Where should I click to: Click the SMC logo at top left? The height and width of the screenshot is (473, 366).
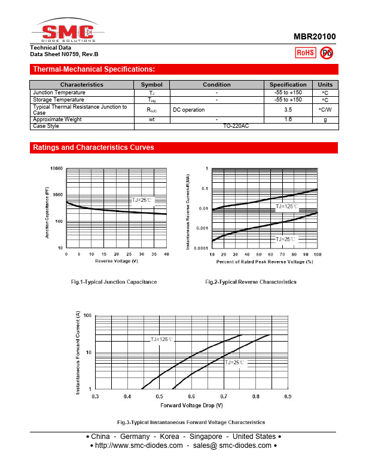click(x=65, y=31)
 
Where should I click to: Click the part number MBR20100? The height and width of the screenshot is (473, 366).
click(x=315, y=36)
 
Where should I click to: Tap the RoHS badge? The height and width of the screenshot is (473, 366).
click(x=306, y=53)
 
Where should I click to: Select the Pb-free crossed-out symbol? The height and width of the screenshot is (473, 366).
click(x=327, y=53)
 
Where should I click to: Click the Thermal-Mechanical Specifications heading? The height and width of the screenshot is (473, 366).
click(x=94, y=69)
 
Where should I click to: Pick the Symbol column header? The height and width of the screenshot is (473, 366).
click(x=152, y=85)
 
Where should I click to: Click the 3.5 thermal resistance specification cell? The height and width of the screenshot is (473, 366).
click(x=288, y=110)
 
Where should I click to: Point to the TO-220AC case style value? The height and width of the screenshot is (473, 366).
click(x=236, y=126)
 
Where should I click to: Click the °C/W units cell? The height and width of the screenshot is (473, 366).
click(x=325, y=110)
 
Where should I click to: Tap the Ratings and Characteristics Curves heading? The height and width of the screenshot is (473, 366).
click(x=93, y=148)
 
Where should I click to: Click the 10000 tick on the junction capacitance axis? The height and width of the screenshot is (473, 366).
click(x=56, y=168)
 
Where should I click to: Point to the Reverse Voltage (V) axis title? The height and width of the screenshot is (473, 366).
click(x=116, y=261)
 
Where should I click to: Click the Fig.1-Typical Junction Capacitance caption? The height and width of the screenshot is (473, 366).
click(x=114, y=282)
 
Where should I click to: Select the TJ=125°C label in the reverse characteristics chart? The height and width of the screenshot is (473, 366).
click(x=286, y=206)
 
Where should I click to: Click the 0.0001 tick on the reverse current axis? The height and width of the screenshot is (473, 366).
click(x=200, y=248)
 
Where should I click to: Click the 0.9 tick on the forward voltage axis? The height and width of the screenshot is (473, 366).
click(x=288, y=397)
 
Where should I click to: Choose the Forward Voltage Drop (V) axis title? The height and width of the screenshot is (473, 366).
click(x=191, y=406)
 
